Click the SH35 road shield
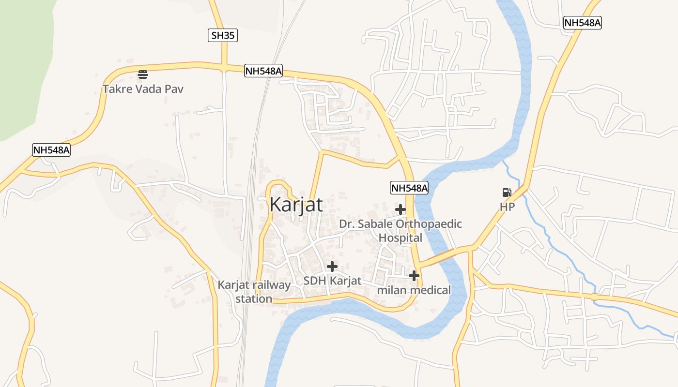click(223, 35)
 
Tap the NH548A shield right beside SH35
click(263, 71)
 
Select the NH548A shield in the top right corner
click(582, 23)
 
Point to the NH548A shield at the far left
click(51, 150)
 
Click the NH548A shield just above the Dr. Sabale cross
click(409, 188)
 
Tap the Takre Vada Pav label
click(143, 89)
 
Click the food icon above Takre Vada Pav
click(143, 74)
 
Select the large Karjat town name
click(296, 205)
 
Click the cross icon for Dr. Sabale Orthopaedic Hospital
click(400, 209)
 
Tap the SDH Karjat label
click(332, 281)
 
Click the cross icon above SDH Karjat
click(332, 266)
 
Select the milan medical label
click(414, 290)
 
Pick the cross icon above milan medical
click(414, 276)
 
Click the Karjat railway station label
click(254, 292)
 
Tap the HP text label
click(507, 207)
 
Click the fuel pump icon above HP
click(507, 193)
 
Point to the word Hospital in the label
click(400, 238)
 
